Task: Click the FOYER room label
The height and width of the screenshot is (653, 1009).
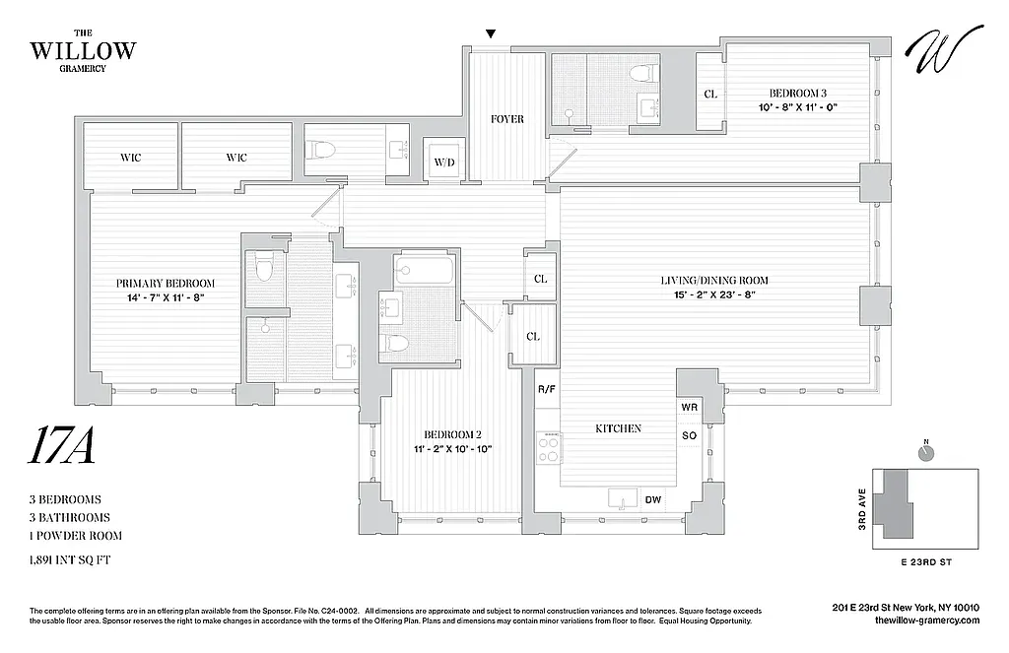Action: point(506,119)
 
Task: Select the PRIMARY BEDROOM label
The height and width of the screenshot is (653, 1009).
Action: point(165,284)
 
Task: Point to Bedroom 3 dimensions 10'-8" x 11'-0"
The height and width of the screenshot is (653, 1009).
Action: point(797,107)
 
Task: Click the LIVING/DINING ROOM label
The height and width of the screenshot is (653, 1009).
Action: point(713,281)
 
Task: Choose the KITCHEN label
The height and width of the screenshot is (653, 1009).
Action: point(618,428)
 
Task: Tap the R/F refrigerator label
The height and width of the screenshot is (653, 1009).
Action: point(546,390)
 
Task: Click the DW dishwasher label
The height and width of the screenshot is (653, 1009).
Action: point(652,500)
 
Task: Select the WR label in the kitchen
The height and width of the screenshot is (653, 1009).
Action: point(689,407)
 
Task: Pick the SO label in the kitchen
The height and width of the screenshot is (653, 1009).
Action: point(689,435)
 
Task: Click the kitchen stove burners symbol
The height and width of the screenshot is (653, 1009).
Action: point(548,449)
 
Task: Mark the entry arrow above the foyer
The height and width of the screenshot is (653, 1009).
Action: point(491,36)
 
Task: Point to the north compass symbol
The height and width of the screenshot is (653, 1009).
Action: point(925,452)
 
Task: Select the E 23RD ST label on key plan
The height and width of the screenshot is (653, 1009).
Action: point(929,561)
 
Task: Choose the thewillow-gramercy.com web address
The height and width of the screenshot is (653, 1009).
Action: point(912,620)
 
